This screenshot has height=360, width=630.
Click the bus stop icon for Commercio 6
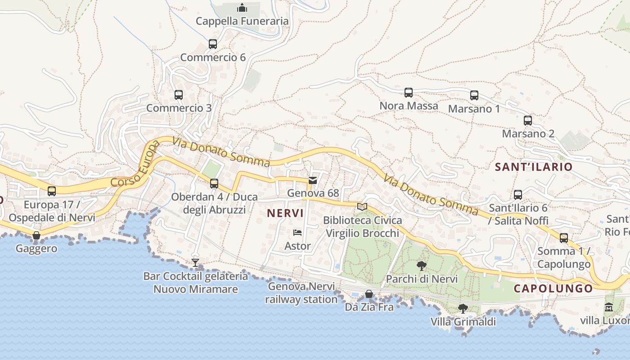pyautogui.click(x=213, y=44)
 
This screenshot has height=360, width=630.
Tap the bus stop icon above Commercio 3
pyautogui.click(x=179, y=95)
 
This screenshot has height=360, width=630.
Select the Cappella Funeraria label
pyautogui.click(x=242, y=21)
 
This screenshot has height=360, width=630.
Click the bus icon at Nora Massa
pyautogui.click(x=409, y=93)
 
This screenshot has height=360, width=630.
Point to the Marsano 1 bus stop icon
pyautogui.click(x=474, y=95)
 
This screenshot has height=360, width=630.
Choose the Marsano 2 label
pyautogui.click(x=528, y=134)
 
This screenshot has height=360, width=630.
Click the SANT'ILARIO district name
pyautogui.click(x=534, y=167)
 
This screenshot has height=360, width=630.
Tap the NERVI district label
pyautogui.click(x=286, y=213)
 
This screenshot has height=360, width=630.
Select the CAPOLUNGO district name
pyautogui.click(x=553, y=289)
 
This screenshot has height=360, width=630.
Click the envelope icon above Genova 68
pyautogui.click(x=313, y=180)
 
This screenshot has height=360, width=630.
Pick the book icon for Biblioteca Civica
pyautogui.click(x=362, y=207)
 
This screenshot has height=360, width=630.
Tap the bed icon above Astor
pyautogui.click(x=297, y=233)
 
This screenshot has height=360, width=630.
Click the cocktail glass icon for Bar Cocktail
pyautogui.click(x=195, y=263)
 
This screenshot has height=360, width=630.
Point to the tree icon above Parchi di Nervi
pyautogui.click(x=422, y=266)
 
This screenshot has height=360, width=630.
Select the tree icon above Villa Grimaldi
pyautogui.click(x=463, y=309)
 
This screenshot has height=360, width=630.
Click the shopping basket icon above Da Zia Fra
pyautogui.click(x=369, y=294)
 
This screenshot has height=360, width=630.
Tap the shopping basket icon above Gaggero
pyautogui.click(x=36, y=235)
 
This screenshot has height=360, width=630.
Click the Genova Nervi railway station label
pyautogui.click(x=301, y=293)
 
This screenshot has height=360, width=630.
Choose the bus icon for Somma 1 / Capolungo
pyautogui.click(x=564, y=238)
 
